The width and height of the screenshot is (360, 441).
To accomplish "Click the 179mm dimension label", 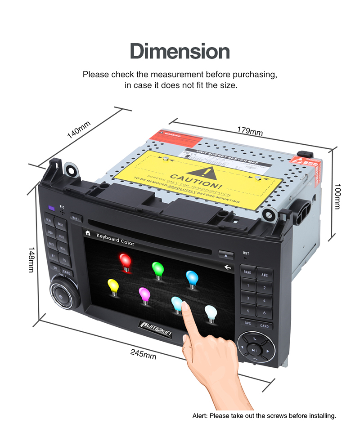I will click(250, 131).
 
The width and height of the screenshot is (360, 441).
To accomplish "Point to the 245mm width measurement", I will click(143, 354).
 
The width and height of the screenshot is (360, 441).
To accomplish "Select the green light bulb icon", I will click(157, 269).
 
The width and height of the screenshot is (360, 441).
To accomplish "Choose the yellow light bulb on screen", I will click(112, 287).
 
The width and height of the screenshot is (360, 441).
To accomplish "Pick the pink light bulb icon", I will click(144, 295).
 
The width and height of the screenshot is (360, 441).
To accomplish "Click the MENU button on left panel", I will click(49, 221).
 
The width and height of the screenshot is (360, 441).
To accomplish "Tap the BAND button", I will click(247, 272).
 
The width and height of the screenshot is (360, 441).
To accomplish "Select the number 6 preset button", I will click(264, 312).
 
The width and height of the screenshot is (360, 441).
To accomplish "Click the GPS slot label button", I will click(247, 323).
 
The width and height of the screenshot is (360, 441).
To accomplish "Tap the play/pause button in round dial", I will click(254, 350).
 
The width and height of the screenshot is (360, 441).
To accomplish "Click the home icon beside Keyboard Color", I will click(88, 233).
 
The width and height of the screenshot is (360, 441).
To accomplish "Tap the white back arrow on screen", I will click(228, 267).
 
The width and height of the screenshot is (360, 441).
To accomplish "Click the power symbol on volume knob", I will click(61, 297).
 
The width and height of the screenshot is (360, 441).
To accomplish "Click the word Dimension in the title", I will click(180, 51).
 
